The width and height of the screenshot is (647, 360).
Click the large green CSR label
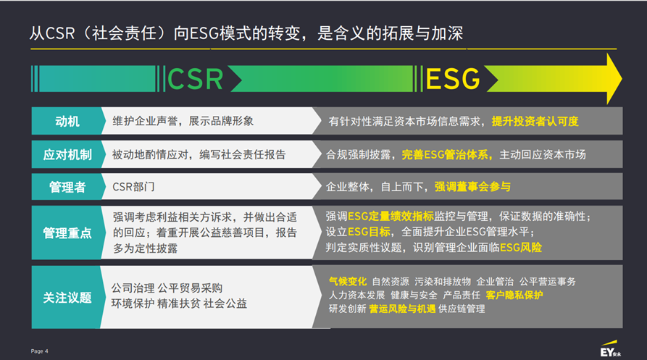tap(195, 78)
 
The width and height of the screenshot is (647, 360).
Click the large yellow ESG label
tap(453, 78)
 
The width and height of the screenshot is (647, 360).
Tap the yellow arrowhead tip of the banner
tap(622, 78)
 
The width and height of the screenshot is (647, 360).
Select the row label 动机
tap(67, 121)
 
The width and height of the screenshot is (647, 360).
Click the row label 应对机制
tap(67, 154)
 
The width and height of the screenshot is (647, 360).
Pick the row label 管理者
tap(67, 187)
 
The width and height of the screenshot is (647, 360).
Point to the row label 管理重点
tap(67, 233)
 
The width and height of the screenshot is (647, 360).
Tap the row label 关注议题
tap(67, 297)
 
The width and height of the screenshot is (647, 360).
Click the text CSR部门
tap(133, 187)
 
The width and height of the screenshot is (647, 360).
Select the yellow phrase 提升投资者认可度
tap(535, 121)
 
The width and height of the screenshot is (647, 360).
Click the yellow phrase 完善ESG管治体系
tap(445, 154)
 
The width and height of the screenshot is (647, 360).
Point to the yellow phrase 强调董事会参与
tap(472, 187)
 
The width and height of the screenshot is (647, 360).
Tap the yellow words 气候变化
tap(348, 281)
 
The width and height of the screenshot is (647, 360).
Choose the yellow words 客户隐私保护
tap(514, 296)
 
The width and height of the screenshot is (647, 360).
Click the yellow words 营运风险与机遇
tap(402, 309)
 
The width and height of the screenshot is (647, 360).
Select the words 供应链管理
tap(462, 309)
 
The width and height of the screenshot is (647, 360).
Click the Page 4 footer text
tap(39, 351)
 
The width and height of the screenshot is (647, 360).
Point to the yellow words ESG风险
tap(521, 248)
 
